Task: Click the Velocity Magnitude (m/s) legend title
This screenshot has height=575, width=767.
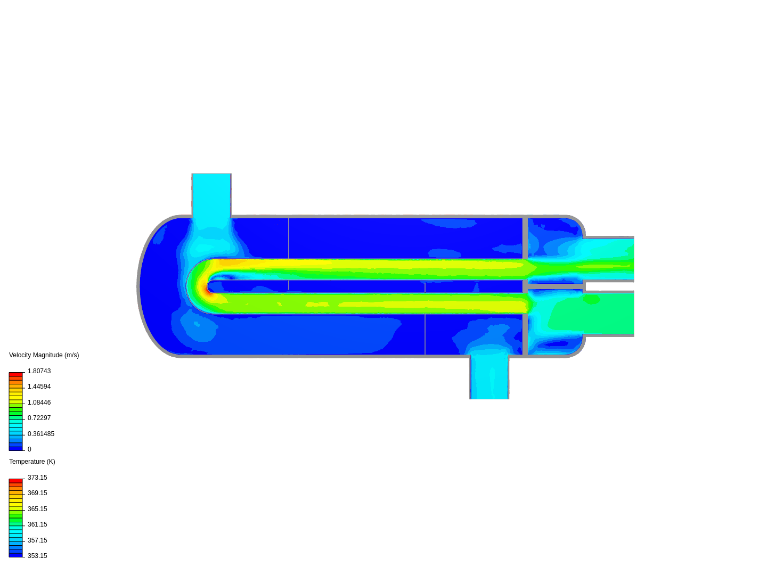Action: click(44, 355)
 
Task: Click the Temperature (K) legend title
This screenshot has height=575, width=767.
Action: click(32, 462)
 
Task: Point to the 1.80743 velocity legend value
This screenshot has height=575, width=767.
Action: click(39, 371)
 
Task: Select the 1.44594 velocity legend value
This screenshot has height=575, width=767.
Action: click(39, 387)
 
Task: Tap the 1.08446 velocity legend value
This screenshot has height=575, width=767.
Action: click(39, 402)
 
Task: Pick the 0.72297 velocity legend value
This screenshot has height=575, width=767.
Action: click(39, 418)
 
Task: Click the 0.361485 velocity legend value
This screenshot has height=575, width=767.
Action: click(40, 434)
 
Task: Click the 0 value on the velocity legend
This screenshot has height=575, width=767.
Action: click(29, 449)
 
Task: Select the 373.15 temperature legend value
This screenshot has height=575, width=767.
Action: click(37, 478)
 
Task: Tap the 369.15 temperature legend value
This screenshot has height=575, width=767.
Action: click(37, 493)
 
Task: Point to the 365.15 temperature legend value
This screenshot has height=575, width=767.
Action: click(37, 509)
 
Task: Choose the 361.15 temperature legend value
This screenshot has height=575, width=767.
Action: click(37, 524)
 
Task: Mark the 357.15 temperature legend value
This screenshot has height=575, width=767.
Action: click(37, 540)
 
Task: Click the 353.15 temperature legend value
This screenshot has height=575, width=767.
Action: click(37, 556)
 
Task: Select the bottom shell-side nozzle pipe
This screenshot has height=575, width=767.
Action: click(489, 378)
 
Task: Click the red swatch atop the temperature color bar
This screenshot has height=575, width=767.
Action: click(15, 481)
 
